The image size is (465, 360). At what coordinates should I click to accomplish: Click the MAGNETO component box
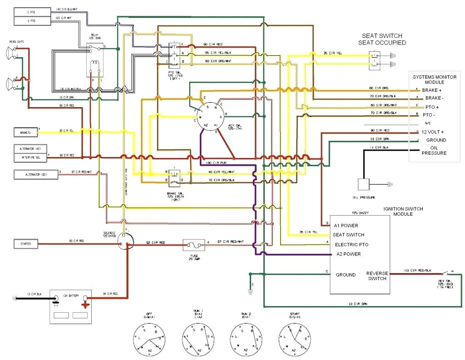tap(25, 133)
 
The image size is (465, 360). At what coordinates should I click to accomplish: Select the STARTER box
tap(25, 244)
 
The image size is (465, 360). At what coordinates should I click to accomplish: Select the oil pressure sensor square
tap(365, 184)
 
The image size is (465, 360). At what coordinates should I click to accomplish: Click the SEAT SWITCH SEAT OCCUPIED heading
tap(382, 39)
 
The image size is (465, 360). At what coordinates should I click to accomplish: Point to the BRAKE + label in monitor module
tap(431, 90)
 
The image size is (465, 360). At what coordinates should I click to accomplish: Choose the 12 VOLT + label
tap(433, 131)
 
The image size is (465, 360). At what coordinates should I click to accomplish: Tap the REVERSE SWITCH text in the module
tap(377, 276)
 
